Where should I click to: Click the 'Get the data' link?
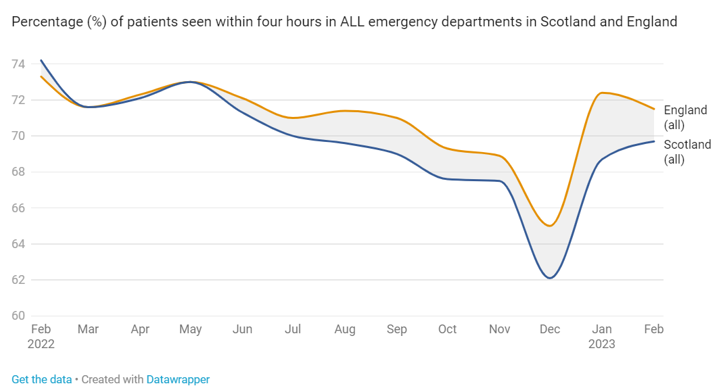[x=41, y=379]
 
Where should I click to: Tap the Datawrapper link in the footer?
[x=178, y=379]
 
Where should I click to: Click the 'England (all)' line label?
[x=685, y=118]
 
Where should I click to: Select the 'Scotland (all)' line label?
[x=687, y=152]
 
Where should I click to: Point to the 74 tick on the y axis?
[x=18, y=64]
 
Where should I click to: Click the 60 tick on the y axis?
[x=18, y=316]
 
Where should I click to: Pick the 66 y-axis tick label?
[x=18, y=208]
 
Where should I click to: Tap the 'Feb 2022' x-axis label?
[x=41, y=336]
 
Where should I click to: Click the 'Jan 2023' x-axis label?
[x=601, y=336]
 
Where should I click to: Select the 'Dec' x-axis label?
[x=549, y=329]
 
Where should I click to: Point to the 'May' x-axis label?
[x=191, y=329]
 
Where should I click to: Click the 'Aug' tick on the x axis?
[x=344, y=329]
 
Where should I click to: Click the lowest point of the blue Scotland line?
[x=550, y=278]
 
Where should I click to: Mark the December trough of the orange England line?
[x=549, y=226]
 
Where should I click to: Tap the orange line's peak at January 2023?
[x=601, y=93]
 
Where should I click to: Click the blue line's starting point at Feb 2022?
[x=41, y=60]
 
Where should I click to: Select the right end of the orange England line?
[x=653, y=109]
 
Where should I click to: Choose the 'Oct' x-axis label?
[x=447, y=329]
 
